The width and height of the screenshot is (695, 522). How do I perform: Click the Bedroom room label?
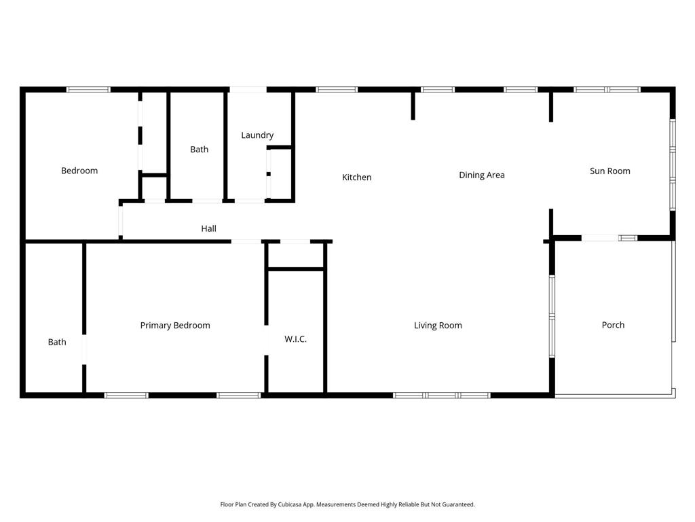click(x=79, y=171)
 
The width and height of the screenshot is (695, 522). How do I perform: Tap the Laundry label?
click(x=257, y=135)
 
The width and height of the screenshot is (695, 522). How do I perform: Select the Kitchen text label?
click(x=357, y=177)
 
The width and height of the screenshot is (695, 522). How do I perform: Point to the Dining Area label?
click(x=482, y=175)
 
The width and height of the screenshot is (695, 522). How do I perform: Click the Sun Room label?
click(x=610, y=171)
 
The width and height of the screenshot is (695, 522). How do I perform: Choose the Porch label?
click(x=613, y=325)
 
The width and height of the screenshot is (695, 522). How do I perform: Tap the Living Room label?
click(x=438, y=326)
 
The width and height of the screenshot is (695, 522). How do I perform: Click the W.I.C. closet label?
click(x=296, y=339)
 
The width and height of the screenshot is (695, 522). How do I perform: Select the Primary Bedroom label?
click(x=175, y=326)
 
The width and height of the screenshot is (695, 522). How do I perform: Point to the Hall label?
click(x=209, y=228)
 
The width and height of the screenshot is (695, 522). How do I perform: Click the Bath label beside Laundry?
click(x=199, y=150)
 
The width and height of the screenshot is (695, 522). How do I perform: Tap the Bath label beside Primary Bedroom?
click(x=57, y=343)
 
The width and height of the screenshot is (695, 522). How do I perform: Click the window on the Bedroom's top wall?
click(x=88, y=90)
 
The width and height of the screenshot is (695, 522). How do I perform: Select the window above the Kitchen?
click(x=337, y=90)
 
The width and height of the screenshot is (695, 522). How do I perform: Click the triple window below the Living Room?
click(x=441, y=395)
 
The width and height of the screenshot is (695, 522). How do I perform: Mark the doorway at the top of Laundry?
click(x=248, y=90)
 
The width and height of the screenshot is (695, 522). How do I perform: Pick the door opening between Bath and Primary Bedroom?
click(x=84, y=349)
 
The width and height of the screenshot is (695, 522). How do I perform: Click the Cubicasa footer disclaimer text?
click(x=347, y=505)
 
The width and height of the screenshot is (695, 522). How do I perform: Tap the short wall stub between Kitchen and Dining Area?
click(x=413, y=105)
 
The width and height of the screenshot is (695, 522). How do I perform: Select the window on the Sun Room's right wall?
click(x=673, y=164)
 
